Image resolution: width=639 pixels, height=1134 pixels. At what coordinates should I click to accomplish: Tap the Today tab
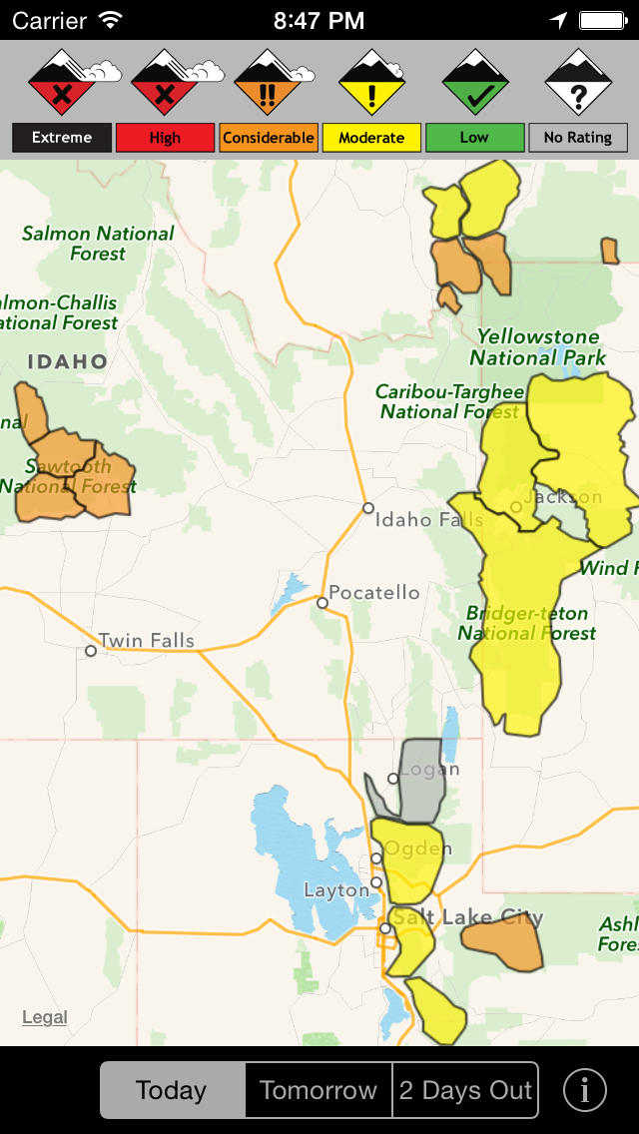click(172, 1090)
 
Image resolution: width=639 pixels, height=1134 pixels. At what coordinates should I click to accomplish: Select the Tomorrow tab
click(319, 1090)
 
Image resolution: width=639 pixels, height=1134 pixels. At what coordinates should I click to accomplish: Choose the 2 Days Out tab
click(465, 1090)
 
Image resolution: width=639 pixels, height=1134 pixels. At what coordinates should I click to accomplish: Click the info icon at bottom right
click(585, 1090)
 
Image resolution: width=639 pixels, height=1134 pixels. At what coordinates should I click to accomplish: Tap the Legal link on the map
click(45, 1017)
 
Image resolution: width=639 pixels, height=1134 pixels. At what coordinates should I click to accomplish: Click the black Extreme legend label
click(62, 138)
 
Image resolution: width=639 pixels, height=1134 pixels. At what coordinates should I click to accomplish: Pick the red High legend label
click(165, 138)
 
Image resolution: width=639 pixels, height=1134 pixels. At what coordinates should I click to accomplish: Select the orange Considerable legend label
click(269, 138)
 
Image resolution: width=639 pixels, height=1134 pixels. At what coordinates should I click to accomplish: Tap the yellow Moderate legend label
click(371, 138)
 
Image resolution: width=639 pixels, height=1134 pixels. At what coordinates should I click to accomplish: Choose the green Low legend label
click(474, 138)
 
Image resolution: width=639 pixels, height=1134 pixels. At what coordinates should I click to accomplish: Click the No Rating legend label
click(578, 138)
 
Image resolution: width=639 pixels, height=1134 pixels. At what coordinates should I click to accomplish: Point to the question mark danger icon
click(578, 83)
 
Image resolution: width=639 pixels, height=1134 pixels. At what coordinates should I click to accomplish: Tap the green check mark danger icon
click(475, 83)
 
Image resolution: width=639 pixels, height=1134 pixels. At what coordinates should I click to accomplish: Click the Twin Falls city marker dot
click(91, 651)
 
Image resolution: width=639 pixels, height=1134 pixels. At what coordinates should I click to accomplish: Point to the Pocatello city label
click(374, 593)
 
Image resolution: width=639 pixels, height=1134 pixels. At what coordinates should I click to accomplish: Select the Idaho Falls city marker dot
click(368, 508)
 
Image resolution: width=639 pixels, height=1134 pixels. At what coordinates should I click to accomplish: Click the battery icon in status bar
click(603, 20)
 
